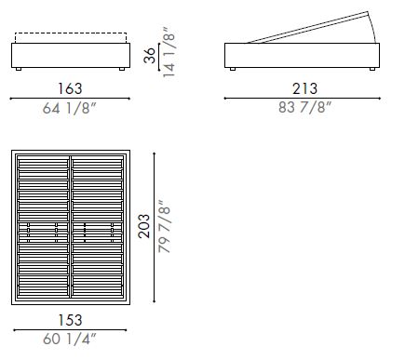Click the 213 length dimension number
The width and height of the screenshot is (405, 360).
pyautogui.click(x=304, y=87)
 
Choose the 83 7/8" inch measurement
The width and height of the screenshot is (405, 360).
pyautogui.click(x=304, y=108)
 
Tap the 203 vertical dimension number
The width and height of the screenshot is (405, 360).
pyautogui.click(x=143, y=227)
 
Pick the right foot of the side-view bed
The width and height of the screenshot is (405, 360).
pyautogui.click(x=372, y=70)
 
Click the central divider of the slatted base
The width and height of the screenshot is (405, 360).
pyautogui.click(x=71, y=226)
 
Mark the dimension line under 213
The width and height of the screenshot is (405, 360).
pyautogui.click(x=304, y=98)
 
